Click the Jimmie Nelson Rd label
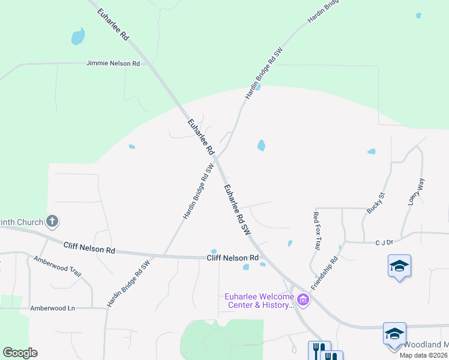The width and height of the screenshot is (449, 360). (113, 63)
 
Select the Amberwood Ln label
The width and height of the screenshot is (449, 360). (53, 308)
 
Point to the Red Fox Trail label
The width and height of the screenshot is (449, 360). (317, 230)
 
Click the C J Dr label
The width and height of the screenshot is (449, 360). (384, 242)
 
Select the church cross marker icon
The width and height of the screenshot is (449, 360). (52, 222)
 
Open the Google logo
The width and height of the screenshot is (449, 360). (20, 353)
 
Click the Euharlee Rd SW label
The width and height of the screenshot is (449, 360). (237, 208)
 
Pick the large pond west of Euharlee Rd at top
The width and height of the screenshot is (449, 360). (78, 37)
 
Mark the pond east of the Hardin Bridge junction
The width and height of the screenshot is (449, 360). (261, 145)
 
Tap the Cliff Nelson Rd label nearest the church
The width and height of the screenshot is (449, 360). (89, 248)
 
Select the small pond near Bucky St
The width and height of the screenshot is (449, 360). (372, 151)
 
